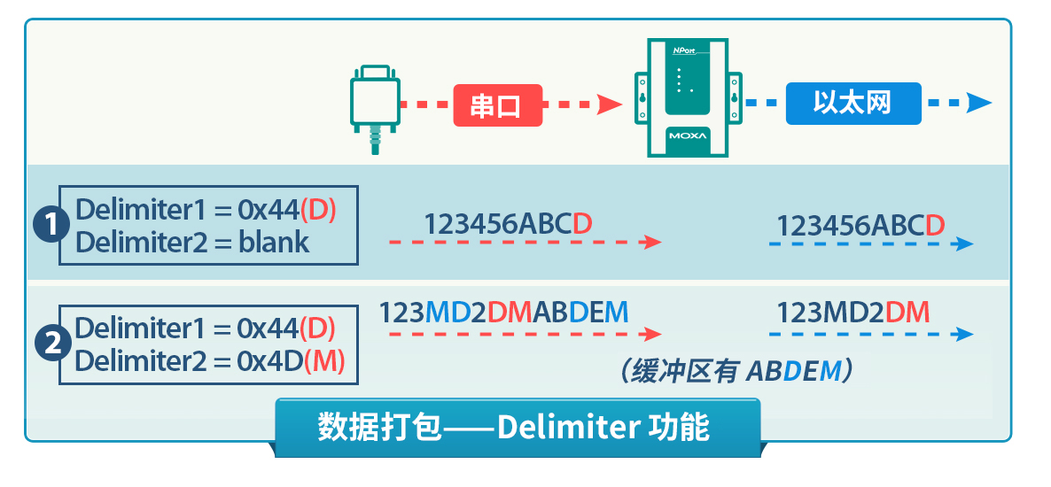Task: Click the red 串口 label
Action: point(498,105)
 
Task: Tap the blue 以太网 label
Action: point(853,104)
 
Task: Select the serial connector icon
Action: point(376,109)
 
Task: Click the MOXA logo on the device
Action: point(688,136)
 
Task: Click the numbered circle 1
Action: point(51,226)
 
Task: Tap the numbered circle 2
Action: point(51,344)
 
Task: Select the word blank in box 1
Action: point(274,243)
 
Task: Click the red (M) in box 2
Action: point(324,361)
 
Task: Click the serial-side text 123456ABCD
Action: point(508,224)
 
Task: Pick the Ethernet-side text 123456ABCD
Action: point(860,227)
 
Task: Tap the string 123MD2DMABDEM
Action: point(504,313)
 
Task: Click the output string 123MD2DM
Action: point(853,313)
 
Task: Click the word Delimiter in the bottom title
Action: point(566,428)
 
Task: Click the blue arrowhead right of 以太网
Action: point(979,104)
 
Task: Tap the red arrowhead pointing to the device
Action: point(610,104)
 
